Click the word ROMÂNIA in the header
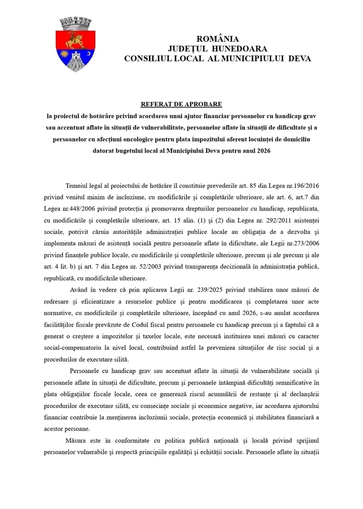tap(217, 39)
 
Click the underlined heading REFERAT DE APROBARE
tap(181, 104)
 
